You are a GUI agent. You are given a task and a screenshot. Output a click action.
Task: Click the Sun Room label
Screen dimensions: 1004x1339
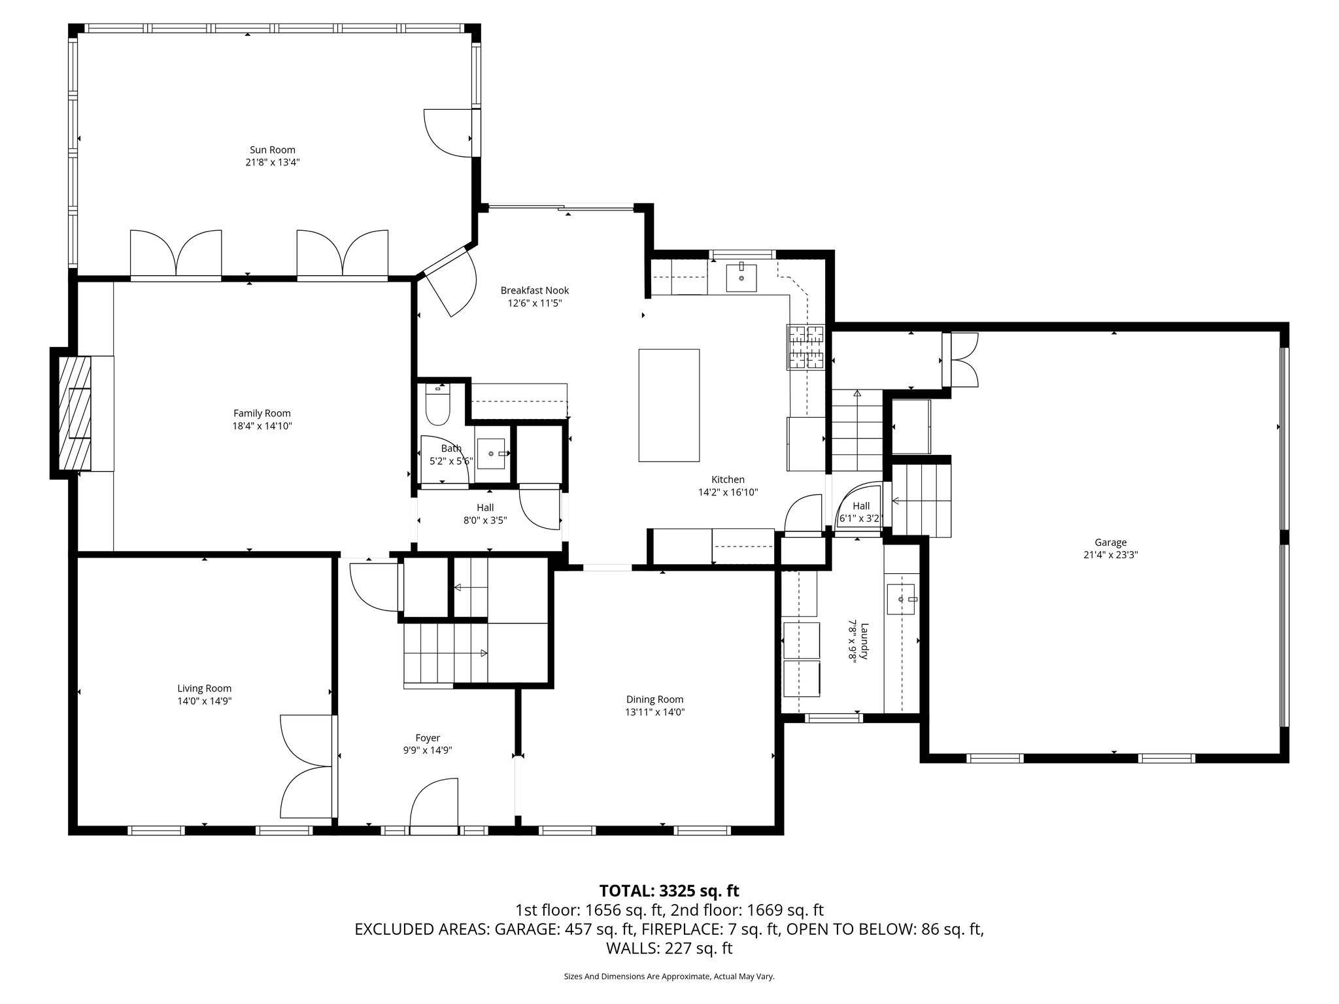point(272,150)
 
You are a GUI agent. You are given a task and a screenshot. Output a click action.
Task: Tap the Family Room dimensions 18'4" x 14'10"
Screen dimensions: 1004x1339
point(262,426)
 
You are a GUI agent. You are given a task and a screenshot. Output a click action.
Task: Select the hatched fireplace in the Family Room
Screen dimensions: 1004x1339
point(75,412)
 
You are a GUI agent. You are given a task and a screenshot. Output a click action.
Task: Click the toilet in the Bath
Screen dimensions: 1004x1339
point(436,405)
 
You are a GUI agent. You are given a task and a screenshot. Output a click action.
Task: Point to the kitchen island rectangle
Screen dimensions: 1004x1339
point(669,405)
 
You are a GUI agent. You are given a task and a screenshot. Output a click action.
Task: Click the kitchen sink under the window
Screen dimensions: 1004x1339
point(741,277)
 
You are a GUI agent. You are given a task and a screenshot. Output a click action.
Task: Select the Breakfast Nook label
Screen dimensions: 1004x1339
point(534,290)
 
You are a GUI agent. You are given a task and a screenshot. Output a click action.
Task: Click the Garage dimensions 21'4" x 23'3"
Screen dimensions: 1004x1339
point(1110,555)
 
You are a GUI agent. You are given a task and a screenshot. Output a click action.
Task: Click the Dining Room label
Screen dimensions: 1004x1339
point(654,699)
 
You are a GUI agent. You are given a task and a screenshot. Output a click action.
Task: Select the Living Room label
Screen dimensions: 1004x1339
point(204,688)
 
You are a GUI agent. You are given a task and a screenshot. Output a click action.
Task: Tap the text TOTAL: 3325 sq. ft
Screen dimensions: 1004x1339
point(669,890)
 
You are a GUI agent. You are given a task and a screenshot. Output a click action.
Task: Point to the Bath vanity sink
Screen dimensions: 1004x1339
point(491,453)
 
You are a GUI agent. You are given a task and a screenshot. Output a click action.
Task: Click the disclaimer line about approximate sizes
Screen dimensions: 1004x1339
point(669,977)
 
